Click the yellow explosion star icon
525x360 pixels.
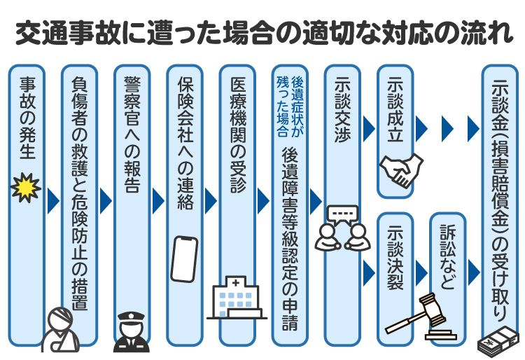(x=27, y=188)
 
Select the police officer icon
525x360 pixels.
(x=131, y=331)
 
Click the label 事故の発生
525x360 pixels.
(x=27, y=119)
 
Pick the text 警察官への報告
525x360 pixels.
(x=132, y=134)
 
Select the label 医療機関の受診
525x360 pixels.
(x=237, y=134)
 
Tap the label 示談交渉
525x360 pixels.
(x=342, y=111)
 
